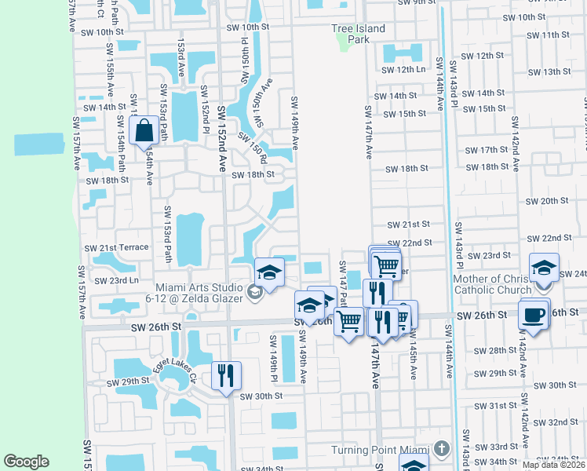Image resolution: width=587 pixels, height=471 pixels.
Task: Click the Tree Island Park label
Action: click(358, 34)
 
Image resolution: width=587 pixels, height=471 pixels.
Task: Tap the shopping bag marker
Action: click(145, 130)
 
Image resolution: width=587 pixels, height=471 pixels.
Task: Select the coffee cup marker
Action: click(534, 315)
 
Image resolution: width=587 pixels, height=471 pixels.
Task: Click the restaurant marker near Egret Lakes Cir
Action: click(226, 374)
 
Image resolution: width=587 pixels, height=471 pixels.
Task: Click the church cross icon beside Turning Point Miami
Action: click(442, 450)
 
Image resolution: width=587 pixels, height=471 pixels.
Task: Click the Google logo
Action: click(26, 462)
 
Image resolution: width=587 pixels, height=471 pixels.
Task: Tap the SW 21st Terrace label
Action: click(116, 247)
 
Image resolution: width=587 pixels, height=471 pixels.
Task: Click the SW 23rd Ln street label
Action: click(116, 280)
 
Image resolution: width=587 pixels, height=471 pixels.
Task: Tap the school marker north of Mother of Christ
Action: click(544, 267)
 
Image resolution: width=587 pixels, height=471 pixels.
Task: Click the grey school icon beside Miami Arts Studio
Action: click(253, 293)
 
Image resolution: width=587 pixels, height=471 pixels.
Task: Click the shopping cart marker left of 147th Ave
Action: click(348, 319)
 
